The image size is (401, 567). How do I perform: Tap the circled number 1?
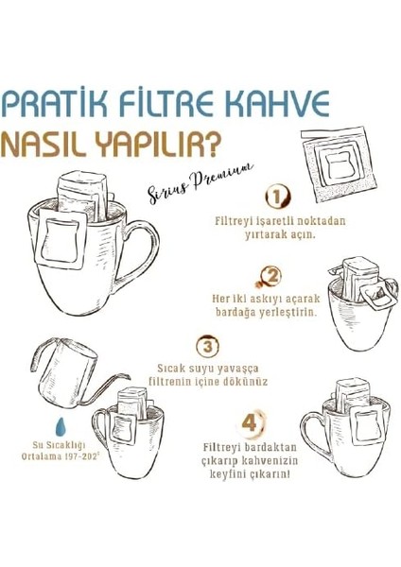point(276,197)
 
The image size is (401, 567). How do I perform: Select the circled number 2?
point(272,277)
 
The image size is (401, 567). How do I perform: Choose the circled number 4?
point(250,421)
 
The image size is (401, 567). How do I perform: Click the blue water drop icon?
point(35,420)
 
